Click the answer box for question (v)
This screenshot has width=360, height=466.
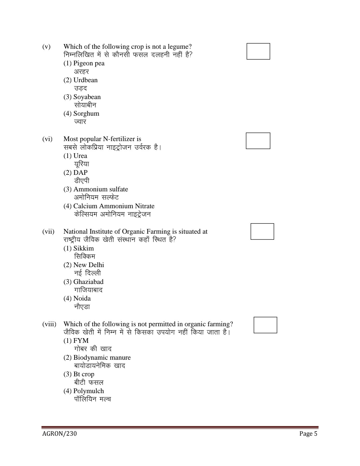258,51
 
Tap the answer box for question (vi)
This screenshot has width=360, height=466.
258,141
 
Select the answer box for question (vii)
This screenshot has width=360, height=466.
262,231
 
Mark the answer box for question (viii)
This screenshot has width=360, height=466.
265,325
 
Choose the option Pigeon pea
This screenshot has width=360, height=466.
84,63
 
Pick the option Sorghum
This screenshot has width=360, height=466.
81,114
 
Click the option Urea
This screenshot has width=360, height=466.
75,156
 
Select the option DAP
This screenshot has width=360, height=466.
76,172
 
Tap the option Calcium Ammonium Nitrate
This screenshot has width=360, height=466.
109,206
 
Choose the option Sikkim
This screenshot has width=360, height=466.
79,248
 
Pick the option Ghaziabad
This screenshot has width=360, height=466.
83,282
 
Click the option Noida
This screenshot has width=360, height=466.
77,298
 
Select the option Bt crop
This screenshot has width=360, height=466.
79,374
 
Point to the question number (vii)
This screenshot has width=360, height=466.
48,232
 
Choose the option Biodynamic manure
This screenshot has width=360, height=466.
97,358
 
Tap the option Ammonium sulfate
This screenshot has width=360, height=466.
96,189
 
